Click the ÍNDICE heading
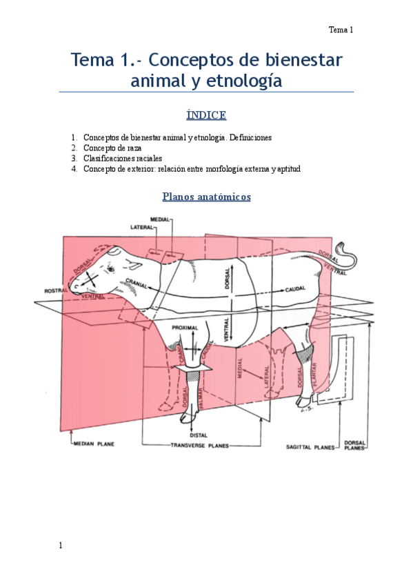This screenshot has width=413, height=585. point(206,115)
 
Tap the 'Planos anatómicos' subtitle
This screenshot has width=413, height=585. point(206,197)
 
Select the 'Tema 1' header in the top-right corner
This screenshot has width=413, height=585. point(341,30)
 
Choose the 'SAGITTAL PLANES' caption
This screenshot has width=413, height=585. point(310,447)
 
